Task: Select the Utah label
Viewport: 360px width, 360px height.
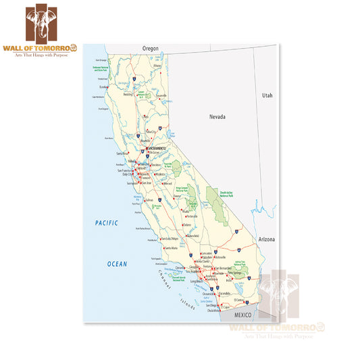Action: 268,96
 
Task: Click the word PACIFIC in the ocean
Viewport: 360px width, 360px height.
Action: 106,223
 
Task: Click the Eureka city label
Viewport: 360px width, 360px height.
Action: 104,86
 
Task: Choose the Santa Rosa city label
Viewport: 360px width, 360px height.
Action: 122,153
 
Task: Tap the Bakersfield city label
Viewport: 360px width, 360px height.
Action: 183,236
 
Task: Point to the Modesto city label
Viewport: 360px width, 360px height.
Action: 161,174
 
